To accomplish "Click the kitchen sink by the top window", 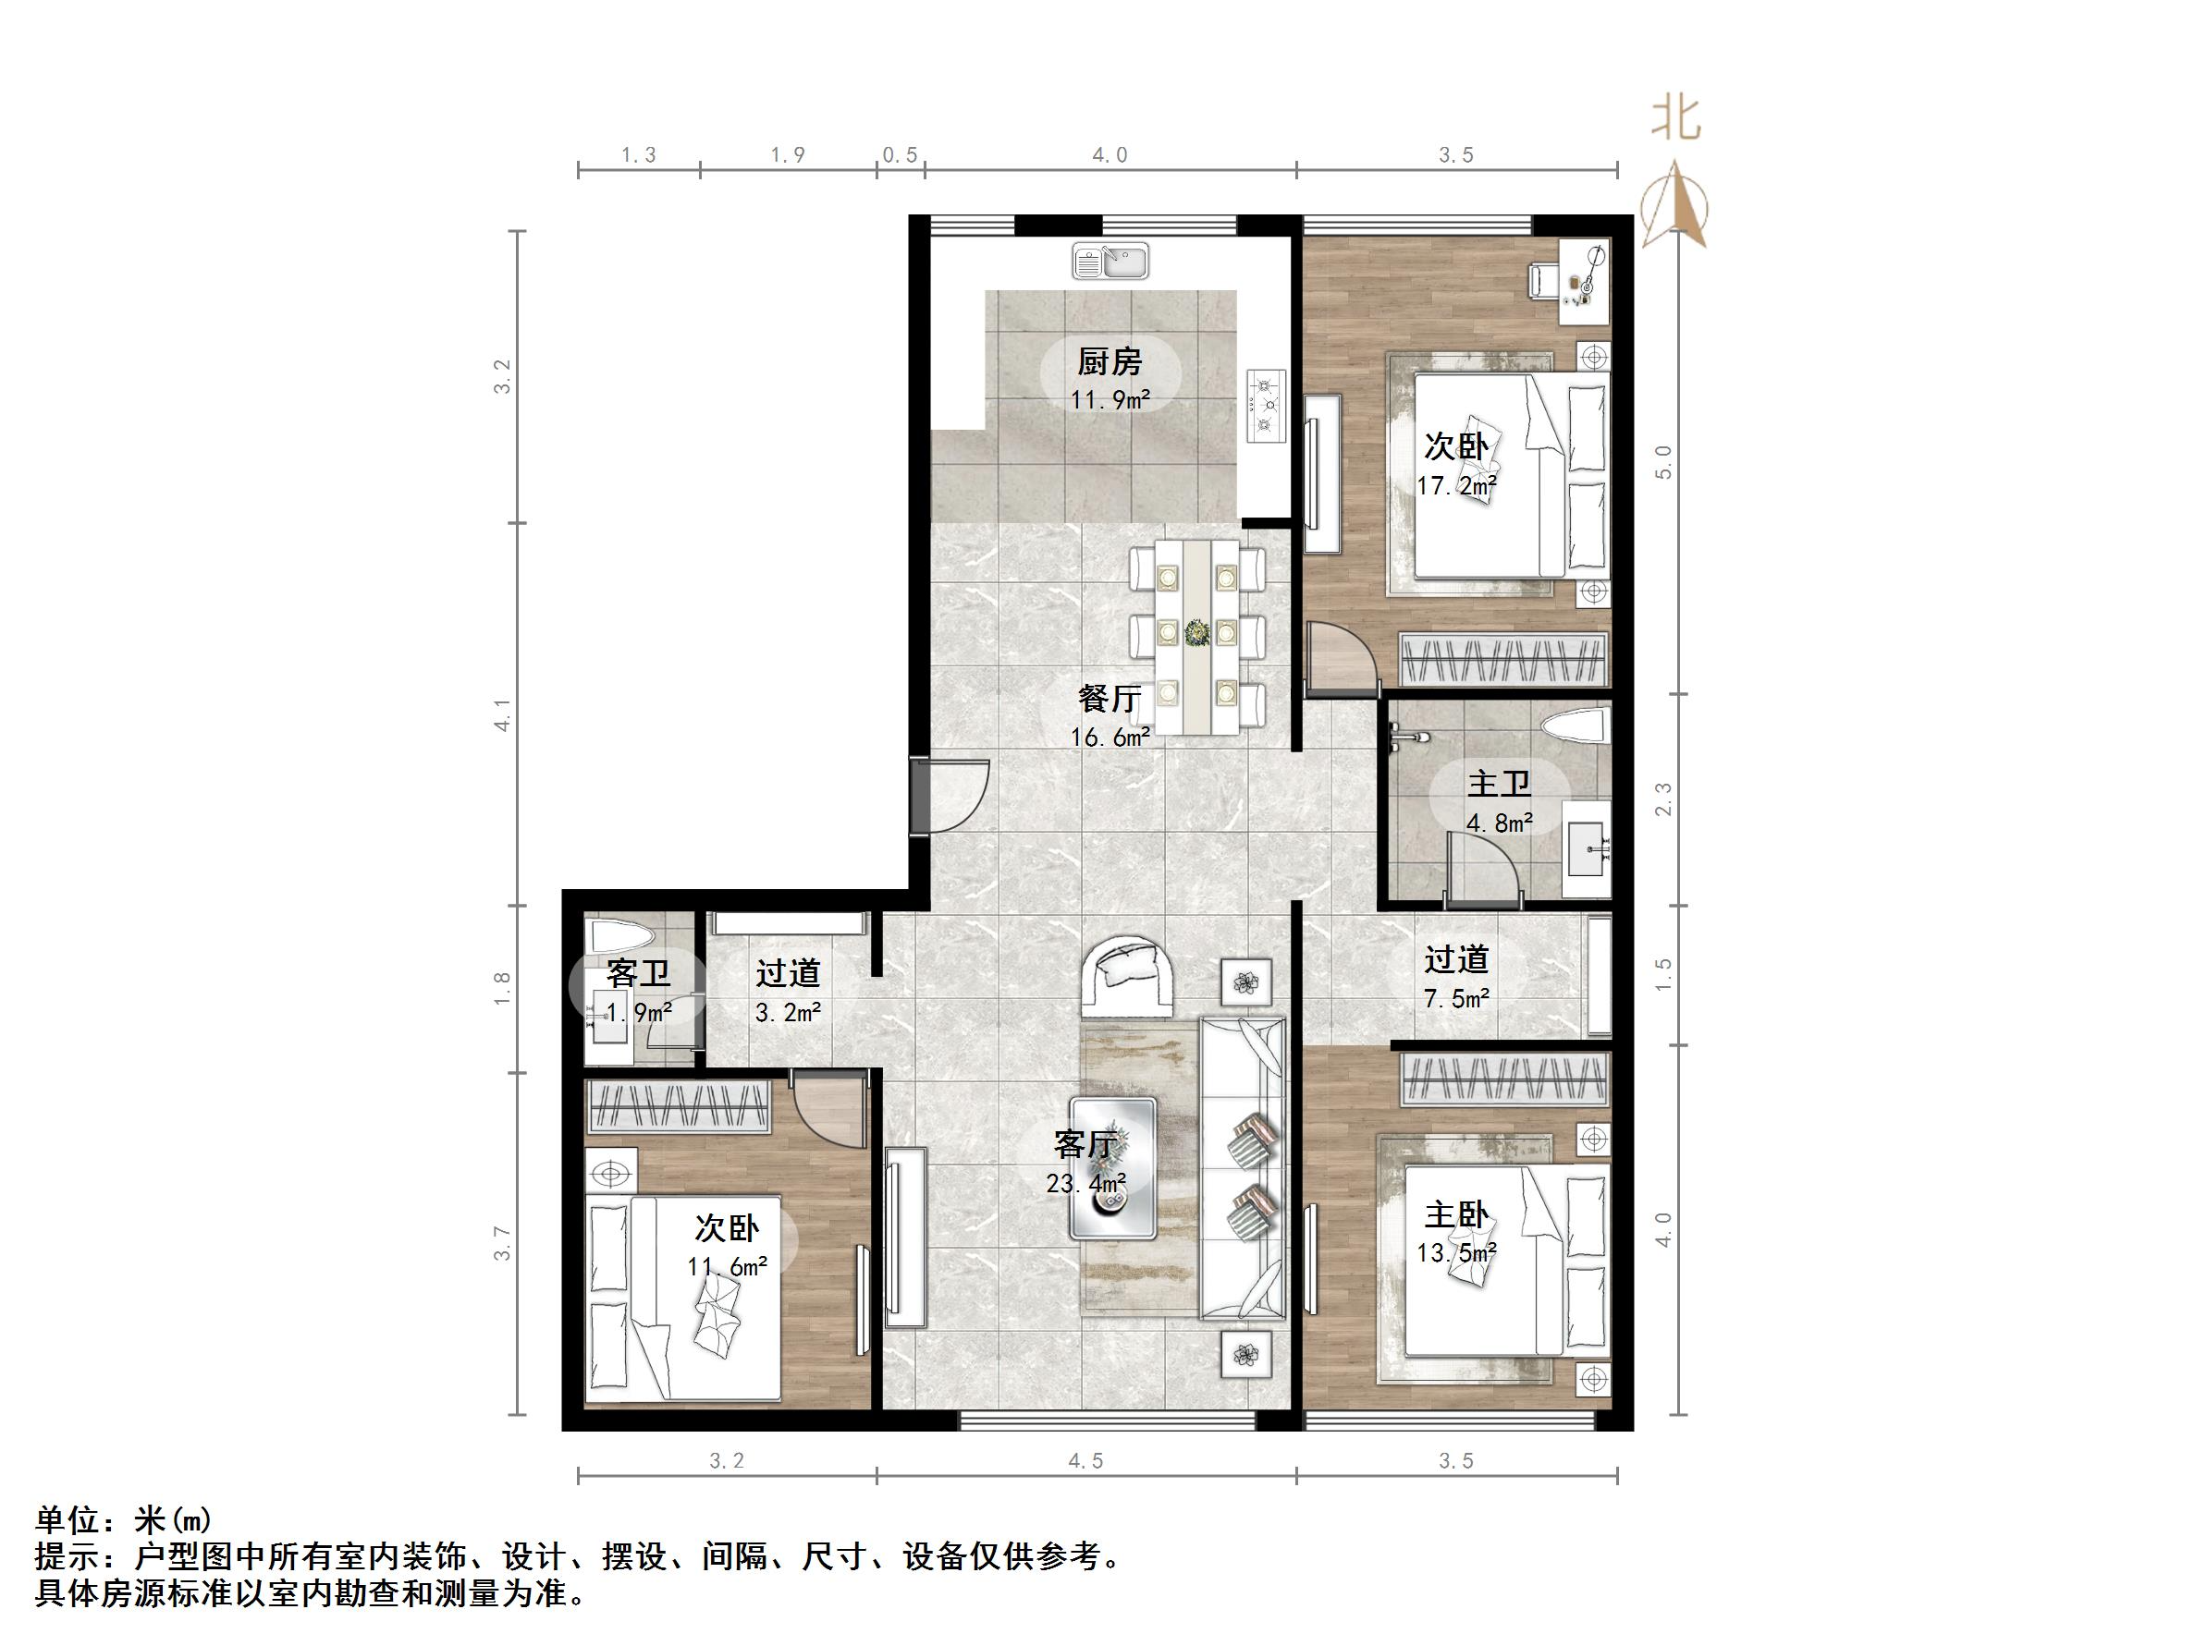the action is pos(1110,262).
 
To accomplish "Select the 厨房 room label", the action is pos(1110,362).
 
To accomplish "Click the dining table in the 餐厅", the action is pos(1196,635).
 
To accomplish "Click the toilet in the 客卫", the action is pos(619,935).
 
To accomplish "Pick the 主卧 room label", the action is pos(1455,1215).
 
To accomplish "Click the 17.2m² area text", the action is pos(1455,486).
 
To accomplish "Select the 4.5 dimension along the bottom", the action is pos(1085,1461).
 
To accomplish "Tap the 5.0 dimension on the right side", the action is pos(1664,462).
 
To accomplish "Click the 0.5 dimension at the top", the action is pos(900,154).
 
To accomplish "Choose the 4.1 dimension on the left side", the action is pos(503,715).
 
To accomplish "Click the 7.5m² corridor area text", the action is pos(1455,998).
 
